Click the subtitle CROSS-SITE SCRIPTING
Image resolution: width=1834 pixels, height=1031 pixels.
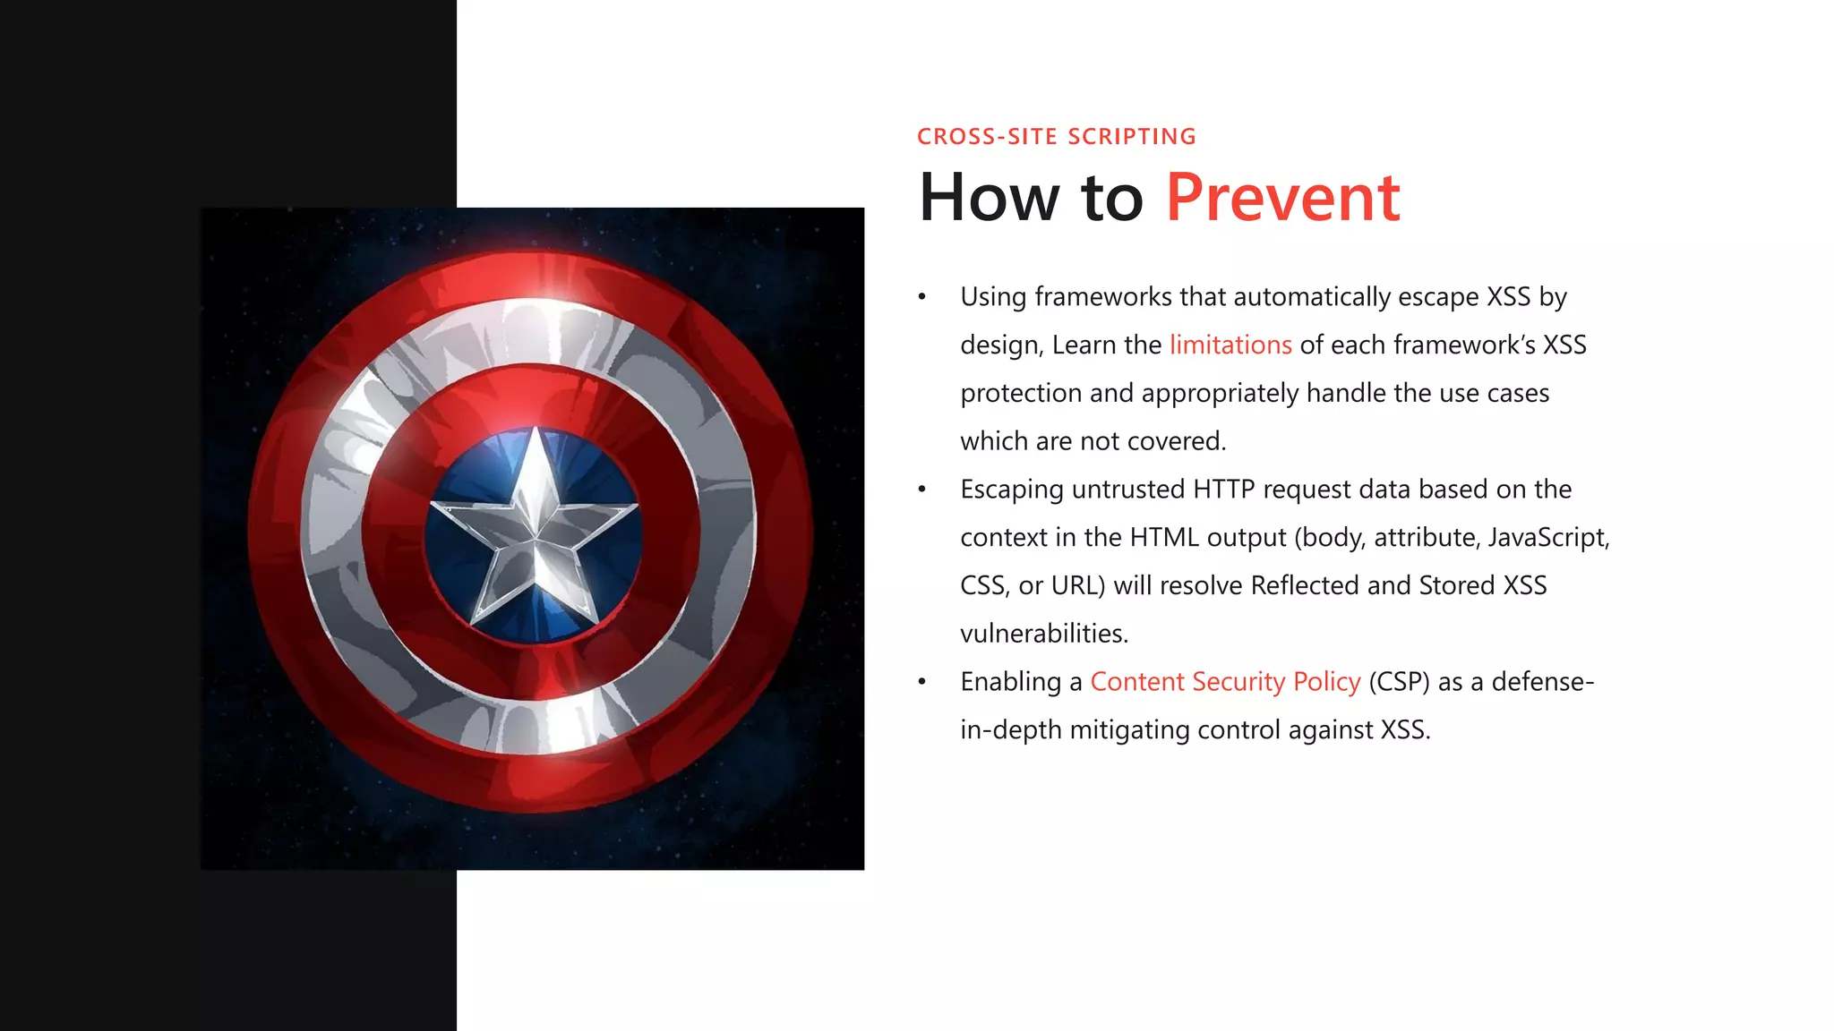1056,136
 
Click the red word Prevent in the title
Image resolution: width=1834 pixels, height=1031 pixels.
1282,198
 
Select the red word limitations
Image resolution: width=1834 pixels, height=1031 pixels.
1230,345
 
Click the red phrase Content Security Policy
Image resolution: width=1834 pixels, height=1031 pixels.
1225,682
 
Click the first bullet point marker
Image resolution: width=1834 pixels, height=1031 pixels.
921,297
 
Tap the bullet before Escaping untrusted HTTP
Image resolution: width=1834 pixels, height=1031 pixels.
921,490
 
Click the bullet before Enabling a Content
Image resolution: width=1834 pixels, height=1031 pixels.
921,682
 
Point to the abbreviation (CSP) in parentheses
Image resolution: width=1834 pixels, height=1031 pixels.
1399,682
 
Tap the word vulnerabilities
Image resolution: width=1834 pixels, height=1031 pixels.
1043,634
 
